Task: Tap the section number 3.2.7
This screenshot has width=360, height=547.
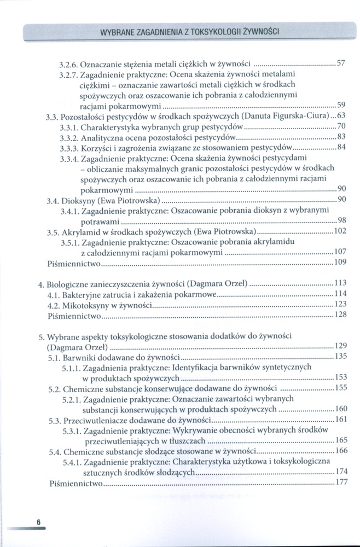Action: point(69,74)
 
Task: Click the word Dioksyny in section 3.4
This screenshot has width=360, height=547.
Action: point(79,200)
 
